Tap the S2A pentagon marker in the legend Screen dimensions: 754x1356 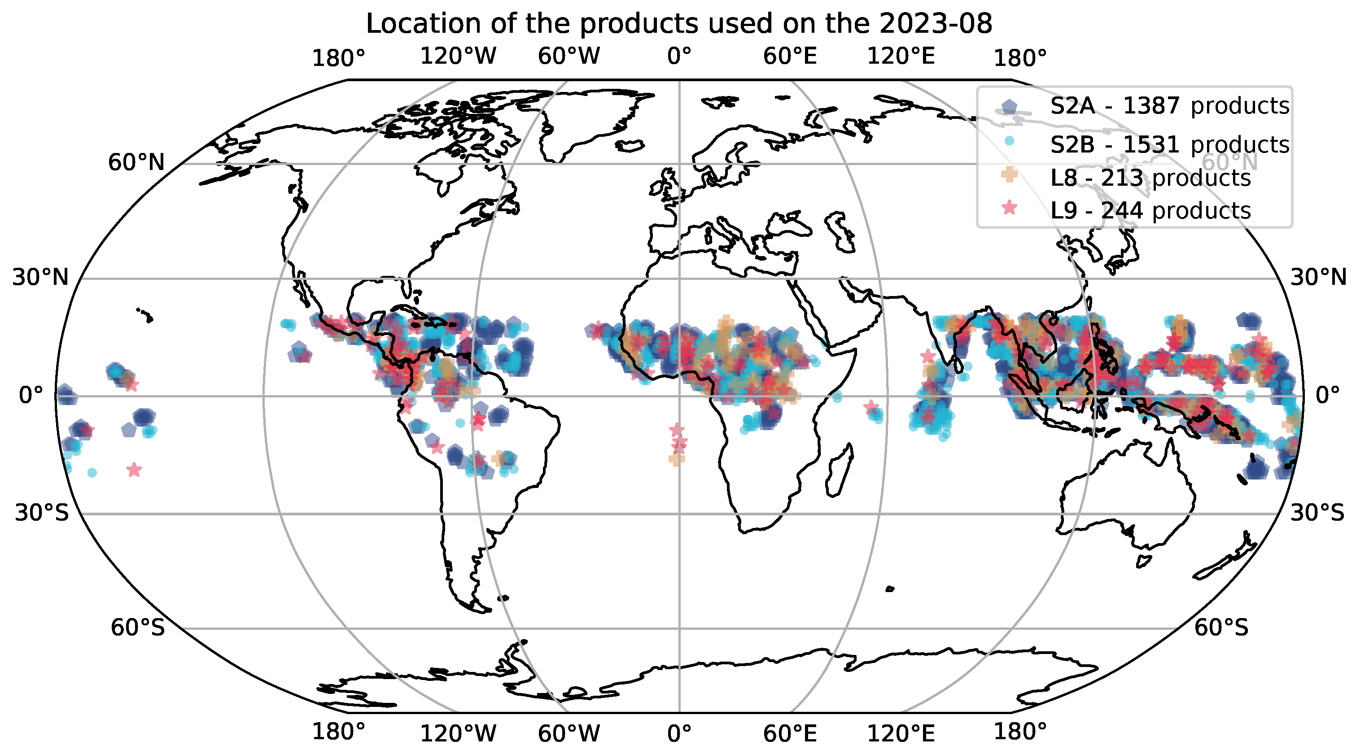click(x=1009, y=107)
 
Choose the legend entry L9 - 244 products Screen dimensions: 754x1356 click(x=1150, y=211)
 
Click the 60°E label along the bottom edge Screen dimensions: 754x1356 click(x=790, y=733)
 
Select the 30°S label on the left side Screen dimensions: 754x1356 click(x=42, y=513)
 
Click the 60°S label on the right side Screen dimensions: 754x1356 click(x=1221, y=628)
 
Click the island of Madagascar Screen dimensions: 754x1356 click(x=839, y=471)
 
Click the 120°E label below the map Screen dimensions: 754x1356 click(x=901, y=733)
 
